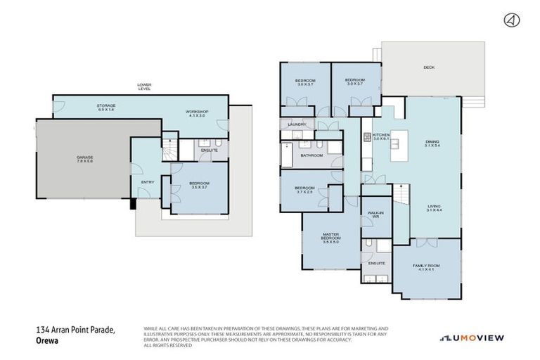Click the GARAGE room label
pyautogui.click(x=85, y=157)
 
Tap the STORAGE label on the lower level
pyautogui.click(x=106, y=106)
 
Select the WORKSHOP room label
pyautogui.click(x=197, y=112)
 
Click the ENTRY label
pyautogui.click(x=148, y=182)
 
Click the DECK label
pyautogui.click(x=429, y=68)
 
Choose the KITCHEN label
pyautogui.click(x=381, y=134)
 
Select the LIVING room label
pyautogui.click(x=435, y=207)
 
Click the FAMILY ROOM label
pyautogui.click(x=425, y=265)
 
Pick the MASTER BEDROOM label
pyautogui.click(x=330, y=236)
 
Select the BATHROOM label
pyautogui.click(x=311, y=155)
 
